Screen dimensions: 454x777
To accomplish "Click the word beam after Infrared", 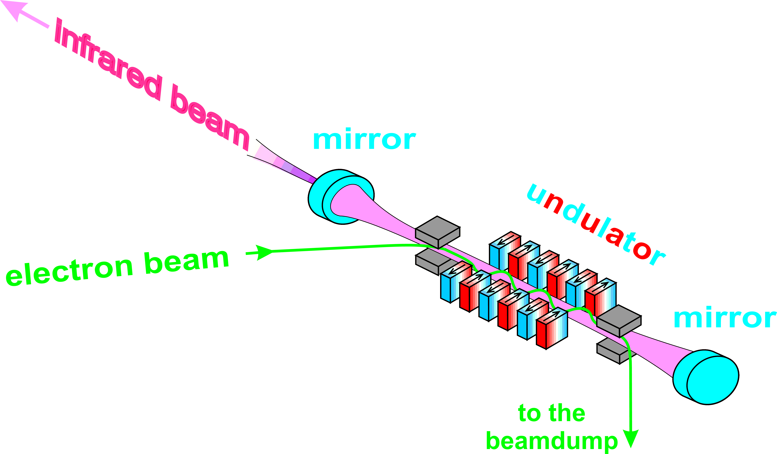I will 210,117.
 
